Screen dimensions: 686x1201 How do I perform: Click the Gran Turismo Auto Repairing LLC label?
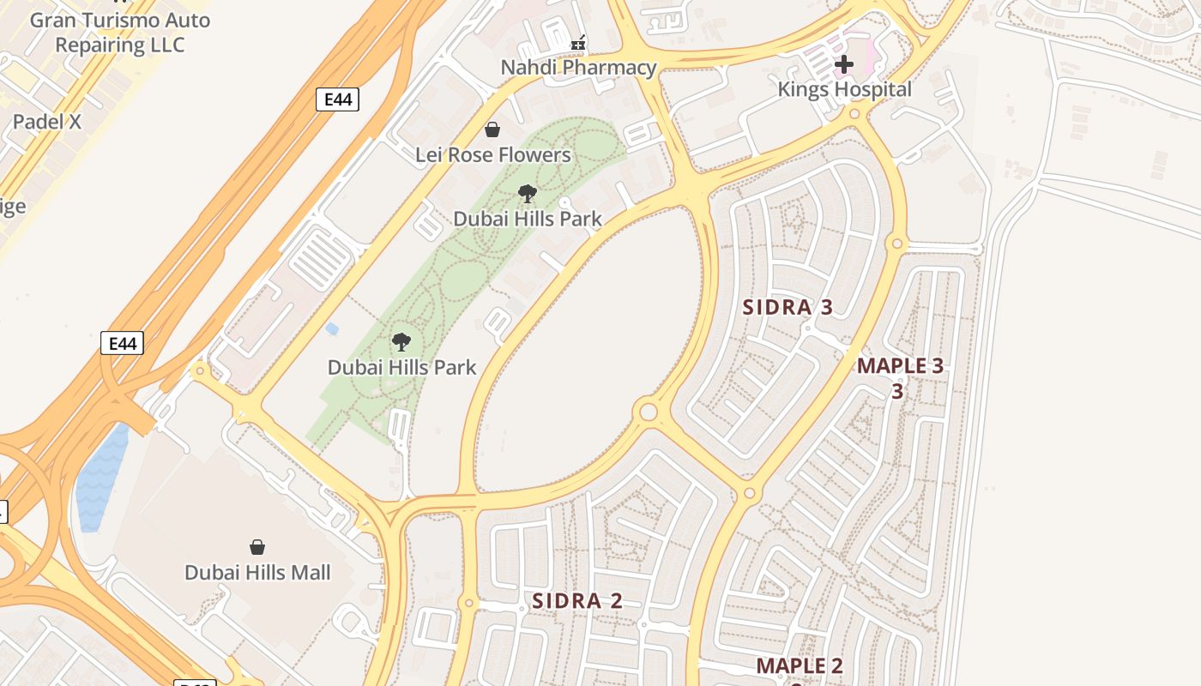tap(119, 32)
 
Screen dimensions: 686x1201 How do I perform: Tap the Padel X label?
tap(47, 122)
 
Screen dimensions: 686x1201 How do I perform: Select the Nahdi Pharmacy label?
tap(578, 68)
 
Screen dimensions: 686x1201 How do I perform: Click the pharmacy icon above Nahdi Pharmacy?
tap(579, 42)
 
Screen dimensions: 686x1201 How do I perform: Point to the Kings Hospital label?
tap(844, 89)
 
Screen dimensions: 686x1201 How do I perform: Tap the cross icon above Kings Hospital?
tap(844, 63)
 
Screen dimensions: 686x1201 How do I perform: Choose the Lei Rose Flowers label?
tap(492, 155)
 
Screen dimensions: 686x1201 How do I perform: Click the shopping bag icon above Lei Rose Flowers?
tap(492, 129)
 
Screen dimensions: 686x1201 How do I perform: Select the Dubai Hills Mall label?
tap(257, 572)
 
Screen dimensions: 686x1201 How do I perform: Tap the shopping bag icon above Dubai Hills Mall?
tap(256, 547)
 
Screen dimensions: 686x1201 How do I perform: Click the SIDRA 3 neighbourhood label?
tap(787, 307)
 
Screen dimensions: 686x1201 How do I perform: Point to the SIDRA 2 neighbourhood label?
tap(576, 601)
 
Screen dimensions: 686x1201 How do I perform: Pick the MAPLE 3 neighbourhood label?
tap(900, 366)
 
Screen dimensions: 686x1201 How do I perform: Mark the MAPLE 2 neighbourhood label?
tap(799, 666)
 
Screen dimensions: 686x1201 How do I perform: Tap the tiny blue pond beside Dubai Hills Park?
tap(332, 328)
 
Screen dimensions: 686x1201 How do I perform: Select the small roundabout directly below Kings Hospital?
tap(854, 114)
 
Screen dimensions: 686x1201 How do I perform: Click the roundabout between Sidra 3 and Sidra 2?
tap(649, 412)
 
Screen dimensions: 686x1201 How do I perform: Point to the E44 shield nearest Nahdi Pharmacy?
tap(337, 99)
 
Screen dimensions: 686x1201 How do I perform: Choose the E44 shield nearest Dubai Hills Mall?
tap(122, 344)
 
